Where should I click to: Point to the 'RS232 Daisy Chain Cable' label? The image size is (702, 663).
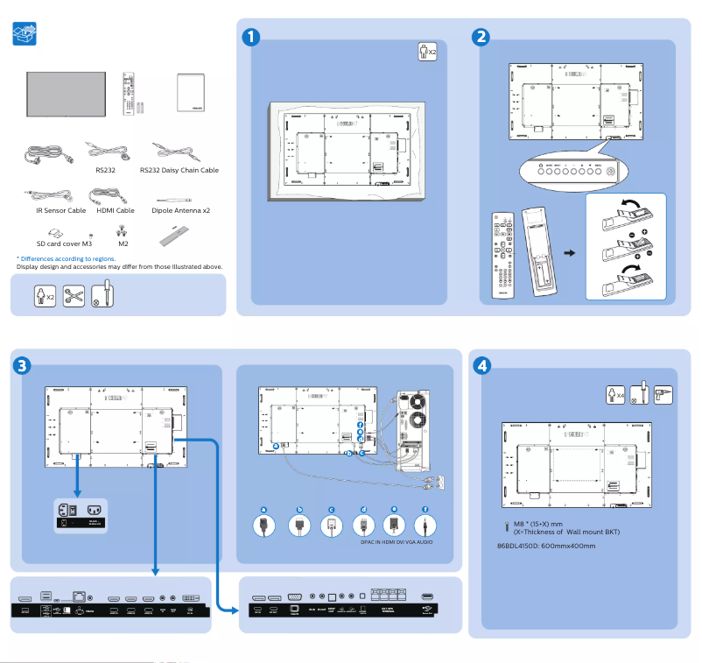(x=179, y=170)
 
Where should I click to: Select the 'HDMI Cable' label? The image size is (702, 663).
(x=114, y=210)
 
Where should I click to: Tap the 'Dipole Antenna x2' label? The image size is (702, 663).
(x=180, y=210)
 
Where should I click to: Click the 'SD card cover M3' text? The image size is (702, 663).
(x=64, y=245)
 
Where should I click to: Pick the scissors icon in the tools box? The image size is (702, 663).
(x=74, y=295)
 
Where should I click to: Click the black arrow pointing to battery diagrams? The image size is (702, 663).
(x=570, y=253)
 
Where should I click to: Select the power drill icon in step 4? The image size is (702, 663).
(x=662, y=394)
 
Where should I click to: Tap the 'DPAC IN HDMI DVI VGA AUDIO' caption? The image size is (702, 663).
(x=397, y=542)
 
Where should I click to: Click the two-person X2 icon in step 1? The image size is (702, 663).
(x=426, y=52)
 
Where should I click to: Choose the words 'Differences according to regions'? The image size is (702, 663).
(x=67, y=259)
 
